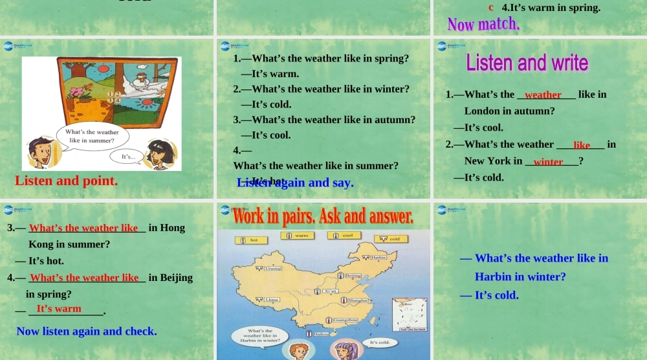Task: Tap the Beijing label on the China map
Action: [x=351, y=276]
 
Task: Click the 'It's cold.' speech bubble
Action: [x=378, y=342]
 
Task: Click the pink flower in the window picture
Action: [x=81, y=91]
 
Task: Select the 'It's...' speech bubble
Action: [x=129, y=156]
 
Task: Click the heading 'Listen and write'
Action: [x=527, y=63]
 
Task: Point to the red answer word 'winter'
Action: [x=548, y=162]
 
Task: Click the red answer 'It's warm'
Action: [x=59, y=309]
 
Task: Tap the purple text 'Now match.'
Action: [x=483, y=25]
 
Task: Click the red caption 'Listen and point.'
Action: [x=66, y=181]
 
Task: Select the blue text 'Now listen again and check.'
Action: [x=87, y=332]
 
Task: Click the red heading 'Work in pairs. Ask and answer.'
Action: [x=322, y=216]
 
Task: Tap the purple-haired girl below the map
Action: [x=343, y=350]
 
